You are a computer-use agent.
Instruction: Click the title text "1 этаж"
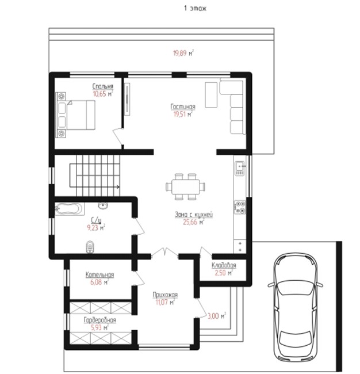(195, 9)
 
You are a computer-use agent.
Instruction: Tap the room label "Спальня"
(103, 86)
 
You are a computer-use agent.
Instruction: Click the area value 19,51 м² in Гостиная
(183, 115)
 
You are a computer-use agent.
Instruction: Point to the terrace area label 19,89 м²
(183, 53)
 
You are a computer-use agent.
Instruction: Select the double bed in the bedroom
(75, 115)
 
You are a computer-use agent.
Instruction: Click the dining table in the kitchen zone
(186, 186)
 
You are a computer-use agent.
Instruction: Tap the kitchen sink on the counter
(240, 168)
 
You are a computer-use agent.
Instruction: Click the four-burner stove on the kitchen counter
(240, 207)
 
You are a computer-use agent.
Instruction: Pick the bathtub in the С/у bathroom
(69, 209)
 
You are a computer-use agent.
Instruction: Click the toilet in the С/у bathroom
(90, 247)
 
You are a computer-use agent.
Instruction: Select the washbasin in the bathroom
(103, 205)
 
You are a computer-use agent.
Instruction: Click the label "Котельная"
(99, 274)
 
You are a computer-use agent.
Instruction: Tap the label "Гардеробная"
(100, 320)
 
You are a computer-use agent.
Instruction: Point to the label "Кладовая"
(224, 265)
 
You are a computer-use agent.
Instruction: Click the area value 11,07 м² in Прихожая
(165, 303)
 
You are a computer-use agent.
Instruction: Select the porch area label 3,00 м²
(217, 316)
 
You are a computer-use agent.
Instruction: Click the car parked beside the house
(295, 307)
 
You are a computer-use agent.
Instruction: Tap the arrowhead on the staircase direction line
(118, 187)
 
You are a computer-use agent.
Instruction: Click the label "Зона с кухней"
(194, 215)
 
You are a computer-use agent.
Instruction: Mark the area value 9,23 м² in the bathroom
(96, 228)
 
